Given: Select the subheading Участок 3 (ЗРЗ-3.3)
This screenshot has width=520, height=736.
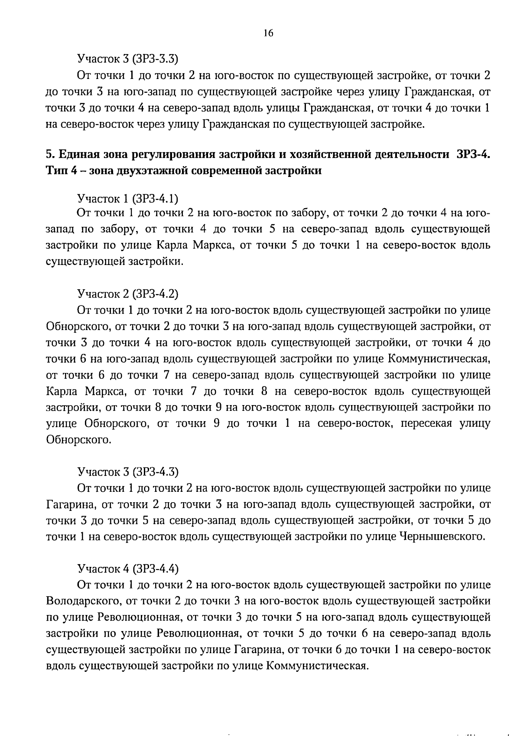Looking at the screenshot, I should tap(128, 58).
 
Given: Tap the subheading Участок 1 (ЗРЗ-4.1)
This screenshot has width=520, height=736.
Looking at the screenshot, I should tap(128, 199).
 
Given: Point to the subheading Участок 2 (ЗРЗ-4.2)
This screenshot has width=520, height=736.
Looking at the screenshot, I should tap(128, 294).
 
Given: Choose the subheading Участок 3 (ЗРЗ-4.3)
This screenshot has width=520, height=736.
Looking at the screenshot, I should tap(128, 471).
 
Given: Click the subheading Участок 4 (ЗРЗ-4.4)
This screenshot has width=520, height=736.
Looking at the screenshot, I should tap(128, 568).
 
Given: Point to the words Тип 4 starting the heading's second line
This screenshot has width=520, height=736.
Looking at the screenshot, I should tap(59, 170).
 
